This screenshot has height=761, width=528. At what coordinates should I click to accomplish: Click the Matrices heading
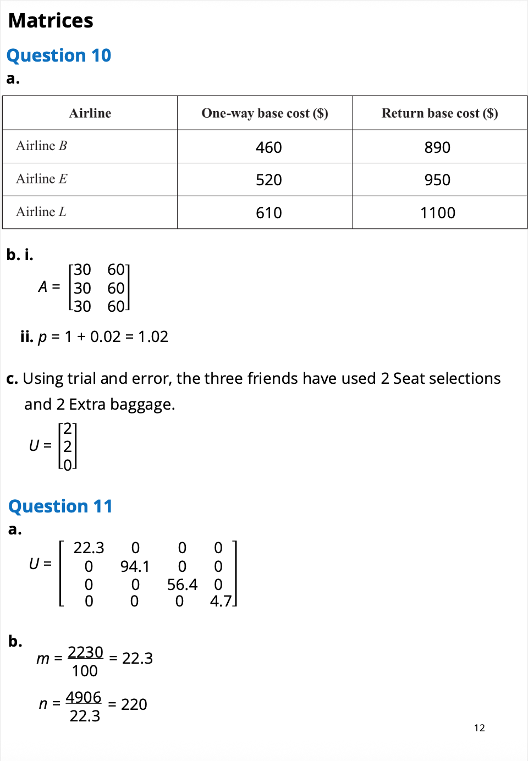tap(51, 21)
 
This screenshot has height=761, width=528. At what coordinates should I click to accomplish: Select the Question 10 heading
tap(59, 56)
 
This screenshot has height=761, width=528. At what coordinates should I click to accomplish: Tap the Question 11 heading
tap(61, 506)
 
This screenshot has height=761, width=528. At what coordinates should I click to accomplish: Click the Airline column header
tap(90, 113)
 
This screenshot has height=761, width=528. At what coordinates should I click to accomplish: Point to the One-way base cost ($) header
tap(265, 113)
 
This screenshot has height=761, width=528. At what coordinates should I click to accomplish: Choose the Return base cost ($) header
tap(439, 113)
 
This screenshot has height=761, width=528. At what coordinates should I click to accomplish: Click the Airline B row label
tap(41, 146)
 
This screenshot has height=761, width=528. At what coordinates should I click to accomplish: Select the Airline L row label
tap(41, 212)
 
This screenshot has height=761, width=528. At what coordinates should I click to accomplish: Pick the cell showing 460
tap(268, 147)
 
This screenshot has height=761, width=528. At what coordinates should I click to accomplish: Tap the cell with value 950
tap(437, 180)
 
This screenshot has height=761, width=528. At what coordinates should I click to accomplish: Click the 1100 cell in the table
tap(438, 213)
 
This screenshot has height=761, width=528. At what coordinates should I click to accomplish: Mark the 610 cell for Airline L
tap(268, 213)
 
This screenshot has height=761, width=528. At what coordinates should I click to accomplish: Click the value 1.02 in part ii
tap(153, 337)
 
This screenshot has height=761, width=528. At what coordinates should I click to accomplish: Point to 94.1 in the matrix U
tap(135, 566)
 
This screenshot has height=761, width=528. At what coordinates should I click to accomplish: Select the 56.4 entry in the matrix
tap(182, 584)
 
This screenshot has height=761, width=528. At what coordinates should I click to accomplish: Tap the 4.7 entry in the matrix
tap(221, 601)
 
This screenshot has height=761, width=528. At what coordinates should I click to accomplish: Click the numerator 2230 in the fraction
tap(85, 652)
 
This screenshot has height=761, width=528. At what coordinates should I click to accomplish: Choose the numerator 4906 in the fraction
tap(84, 697)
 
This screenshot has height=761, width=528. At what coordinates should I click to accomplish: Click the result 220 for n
tap(134, 704)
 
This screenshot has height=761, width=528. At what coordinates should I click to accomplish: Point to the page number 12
tap(479, 728)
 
